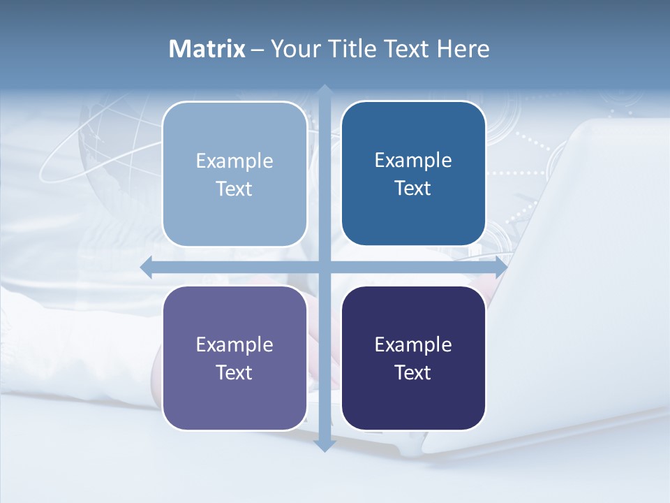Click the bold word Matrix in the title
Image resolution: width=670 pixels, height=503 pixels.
[x=207, y=49]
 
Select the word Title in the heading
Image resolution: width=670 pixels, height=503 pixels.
[x=356, y=49]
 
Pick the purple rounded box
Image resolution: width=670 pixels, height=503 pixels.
[x=234, y=402]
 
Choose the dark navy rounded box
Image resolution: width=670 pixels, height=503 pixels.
[x=413, y=402]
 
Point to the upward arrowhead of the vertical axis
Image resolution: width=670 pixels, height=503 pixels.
[x=325, y=90]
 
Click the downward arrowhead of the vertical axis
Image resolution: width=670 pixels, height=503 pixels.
[x=325, y=445]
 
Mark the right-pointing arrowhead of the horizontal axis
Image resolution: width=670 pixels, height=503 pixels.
[x=501, y=267]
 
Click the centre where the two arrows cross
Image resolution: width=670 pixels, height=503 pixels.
[x=325, y=267]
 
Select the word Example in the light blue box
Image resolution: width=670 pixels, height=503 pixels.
[x=234, y=161]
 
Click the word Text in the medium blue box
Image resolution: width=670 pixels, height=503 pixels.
[x=413, y=189]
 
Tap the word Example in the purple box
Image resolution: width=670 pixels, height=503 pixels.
[x=234, y=344]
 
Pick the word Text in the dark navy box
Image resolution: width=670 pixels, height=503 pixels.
[x=413, y=372]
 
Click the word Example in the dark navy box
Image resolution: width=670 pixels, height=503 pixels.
[x=413, y=344]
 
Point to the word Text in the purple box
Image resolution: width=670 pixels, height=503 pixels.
[x=234, y=372]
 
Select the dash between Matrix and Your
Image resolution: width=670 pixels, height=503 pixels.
[x=258, y=50]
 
